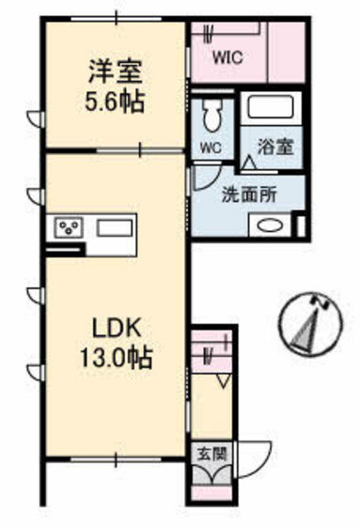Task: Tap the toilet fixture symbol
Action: [x=211, y=116]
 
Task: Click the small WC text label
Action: [x=210, y=148]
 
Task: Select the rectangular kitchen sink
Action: [x=115, y=228]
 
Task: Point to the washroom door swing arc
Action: [x=206, y=177]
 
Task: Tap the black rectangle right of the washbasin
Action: [x=299, y=225]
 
